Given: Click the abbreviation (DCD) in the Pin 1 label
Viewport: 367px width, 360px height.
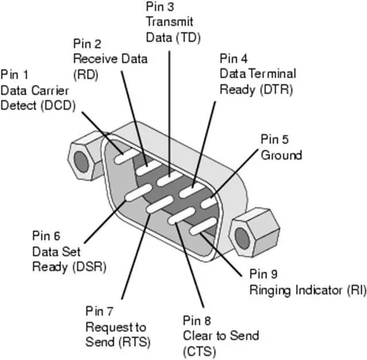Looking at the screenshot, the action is (58, 105).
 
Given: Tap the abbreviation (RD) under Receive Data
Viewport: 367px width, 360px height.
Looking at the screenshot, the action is (85, 75).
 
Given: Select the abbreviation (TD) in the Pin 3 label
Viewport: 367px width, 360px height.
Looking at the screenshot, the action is (189, 37).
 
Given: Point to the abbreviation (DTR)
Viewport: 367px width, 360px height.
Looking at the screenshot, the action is (276, 89).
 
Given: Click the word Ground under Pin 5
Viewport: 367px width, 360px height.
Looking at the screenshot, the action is (282, 155).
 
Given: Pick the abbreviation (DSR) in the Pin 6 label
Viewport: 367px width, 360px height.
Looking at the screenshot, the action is (89, 267).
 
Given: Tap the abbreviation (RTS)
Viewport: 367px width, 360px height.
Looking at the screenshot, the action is (134, 342).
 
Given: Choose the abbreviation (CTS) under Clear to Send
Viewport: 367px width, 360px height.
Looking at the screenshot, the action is (200, 351).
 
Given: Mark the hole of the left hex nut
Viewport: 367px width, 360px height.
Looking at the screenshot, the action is (81, 162).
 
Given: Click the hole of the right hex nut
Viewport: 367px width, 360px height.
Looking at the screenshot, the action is (242, 238).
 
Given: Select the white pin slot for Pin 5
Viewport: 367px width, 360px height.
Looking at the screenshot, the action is (209, 202).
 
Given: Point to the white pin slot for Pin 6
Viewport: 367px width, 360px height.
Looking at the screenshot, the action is (138, 193).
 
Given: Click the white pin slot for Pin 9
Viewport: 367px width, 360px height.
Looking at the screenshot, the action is (202, 226).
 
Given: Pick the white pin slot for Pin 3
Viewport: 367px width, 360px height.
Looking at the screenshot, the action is (170, 179).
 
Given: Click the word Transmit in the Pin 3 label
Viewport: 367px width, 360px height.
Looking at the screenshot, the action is (170, 22).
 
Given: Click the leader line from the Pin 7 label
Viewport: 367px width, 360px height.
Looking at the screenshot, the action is (136, 257).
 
